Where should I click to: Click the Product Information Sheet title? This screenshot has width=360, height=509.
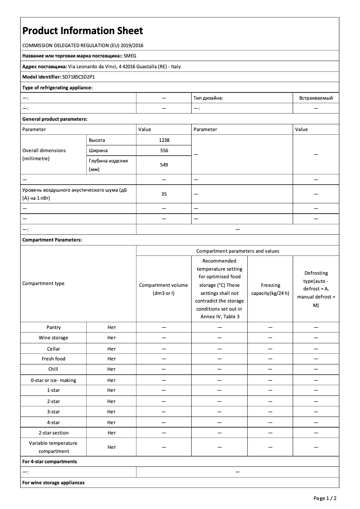pos(83,31)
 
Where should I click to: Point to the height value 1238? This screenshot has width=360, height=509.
pos(164,140)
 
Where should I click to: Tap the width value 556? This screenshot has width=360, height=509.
pos(164,150)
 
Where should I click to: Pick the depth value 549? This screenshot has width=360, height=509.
pos(164,165)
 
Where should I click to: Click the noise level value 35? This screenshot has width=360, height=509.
pos(164,194)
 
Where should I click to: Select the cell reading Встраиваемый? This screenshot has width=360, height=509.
pos(316,98)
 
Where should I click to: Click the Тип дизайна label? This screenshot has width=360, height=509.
pos(208,98)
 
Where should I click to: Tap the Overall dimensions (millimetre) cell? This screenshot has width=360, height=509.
pos(44,154)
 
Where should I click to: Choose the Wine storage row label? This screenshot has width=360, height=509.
pos(53,338)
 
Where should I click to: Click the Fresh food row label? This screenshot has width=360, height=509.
pos(53,359)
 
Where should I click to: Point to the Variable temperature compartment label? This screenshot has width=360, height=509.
pos(53,447)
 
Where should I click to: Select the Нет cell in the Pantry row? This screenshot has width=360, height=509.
pos(111,327)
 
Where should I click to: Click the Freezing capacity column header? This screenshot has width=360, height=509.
pos(270,289)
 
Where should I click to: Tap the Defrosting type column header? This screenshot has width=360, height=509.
pos(316,289)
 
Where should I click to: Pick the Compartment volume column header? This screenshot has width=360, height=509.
pos(163,289)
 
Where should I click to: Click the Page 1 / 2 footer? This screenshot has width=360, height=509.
pos(325,498)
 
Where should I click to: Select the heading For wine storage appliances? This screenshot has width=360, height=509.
pos(53,483)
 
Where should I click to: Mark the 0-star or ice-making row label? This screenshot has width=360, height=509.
pos(53,380)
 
